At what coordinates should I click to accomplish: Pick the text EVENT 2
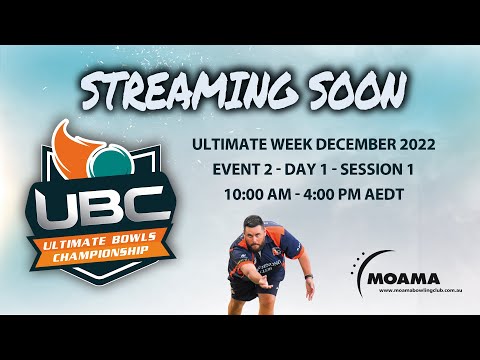(236, 169)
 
